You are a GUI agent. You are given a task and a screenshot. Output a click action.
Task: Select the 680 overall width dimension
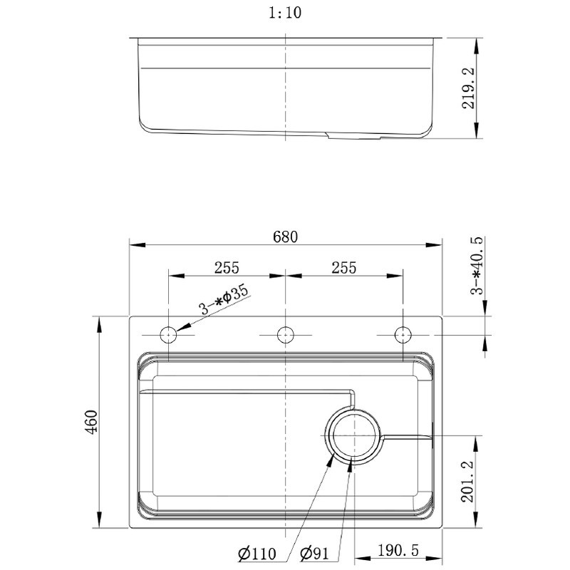pyautogui.click(x=285, y=236)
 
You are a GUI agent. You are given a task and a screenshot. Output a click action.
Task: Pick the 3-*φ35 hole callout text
pyautogui.click(x=223, y=301)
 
